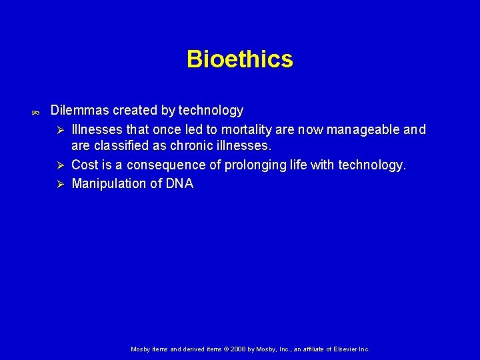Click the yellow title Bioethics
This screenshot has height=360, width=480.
239,59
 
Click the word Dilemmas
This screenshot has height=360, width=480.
79,110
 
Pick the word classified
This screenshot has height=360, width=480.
121,147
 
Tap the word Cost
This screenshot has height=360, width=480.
85,165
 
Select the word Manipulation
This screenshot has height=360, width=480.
109,184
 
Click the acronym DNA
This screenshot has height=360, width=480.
179,184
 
